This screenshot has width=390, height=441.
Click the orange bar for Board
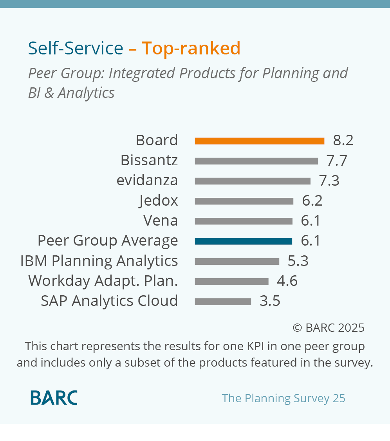click(x=259, y=141)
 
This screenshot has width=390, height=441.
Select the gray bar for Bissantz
click(x=256, y=161)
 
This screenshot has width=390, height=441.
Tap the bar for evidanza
click(x=253, y=181)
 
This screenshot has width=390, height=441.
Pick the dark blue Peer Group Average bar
click(x=243, y=241)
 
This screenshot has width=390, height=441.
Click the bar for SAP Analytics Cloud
click(x=223, y=302)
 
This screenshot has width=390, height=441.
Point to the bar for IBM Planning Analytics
click(x=237, y=261)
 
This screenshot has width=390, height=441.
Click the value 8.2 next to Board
click(x=343, y=140)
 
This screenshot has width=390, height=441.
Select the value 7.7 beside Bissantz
click(x=337, y=161)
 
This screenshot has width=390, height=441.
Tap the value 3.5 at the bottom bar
click(x=270, y=301)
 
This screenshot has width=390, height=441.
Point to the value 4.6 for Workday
click(x=287, y=281)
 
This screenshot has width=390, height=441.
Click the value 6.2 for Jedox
click(x=312, y=201)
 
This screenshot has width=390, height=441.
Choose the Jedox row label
click(x=158, y=201)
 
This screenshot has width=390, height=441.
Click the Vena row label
click(x=161, y=221)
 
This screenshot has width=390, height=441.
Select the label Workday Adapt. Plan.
click(x=103, y=281)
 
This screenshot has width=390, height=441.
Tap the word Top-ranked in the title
click(x=191, y=49)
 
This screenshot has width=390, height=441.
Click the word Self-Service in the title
click(x=76, y=49)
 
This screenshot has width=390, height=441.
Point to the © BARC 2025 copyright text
click(x=328, y=327)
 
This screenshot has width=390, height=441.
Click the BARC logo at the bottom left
click(x=54, y=398)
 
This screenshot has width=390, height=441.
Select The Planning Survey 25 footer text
click(x=283, y=398)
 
